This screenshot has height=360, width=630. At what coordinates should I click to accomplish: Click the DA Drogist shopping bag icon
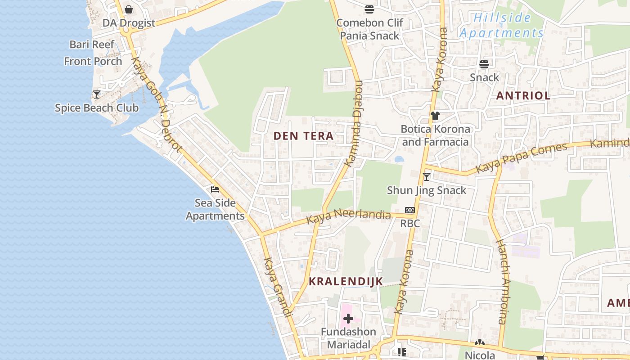[129, 9]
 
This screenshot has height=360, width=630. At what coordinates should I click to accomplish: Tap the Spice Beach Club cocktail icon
[97, 94]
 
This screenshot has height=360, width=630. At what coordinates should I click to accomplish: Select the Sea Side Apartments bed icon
[215, 189]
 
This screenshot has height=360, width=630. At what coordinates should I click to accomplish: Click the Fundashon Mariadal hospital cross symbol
[348, 319]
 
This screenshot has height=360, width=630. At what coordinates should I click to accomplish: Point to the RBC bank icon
[409, 210]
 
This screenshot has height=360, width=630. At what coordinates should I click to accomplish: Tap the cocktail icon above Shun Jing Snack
[427, 177]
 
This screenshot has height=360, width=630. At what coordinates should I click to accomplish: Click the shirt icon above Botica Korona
[435, 116]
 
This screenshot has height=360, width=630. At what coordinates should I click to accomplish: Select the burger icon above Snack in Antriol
[484, 64]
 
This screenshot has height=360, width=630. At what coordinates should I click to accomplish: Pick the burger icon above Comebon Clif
[369, 9]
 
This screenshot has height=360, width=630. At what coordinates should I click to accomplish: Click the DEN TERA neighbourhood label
[304, 136]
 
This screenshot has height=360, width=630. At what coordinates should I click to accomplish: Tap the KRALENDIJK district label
[346, 282]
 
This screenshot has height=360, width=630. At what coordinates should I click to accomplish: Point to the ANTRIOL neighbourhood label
[523, 95]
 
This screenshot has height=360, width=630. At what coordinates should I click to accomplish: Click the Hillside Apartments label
[502, 26]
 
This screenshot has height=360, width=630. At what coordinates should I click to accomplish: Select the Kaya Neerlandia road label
[349, 216]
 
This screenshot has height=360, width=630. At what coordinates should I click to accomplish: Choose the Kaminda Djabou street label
[354, 124]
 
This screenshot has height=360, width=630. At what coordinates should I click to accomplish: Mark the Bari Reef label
[92, 45]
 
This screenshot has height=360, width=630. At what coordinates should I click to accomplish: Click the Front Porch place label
[93, 61]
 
